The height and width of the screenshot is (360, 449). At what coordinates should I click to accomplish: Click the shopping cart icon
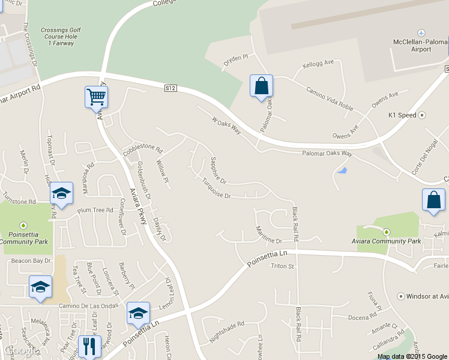click(x=96, y=97)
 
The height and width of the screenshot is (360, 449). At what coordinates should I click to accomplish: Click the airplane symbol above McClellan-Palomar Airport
click(x=421, y=32)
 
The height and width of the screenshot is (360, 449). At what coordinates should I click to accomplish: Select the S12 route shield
click(x=171, y=88)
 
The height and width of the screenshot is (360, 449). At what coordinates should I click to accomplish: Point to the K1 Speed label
click(x=402, y=115)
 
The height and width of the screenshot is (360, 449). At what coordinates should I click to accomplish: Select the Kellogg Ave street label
click(x=318, y=62)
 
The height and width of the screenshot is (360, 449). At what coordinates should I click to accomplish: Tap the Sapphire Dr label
click(x=218, y=170)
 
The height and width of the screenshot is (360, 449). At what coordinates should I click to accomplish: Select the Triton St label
click(x=283, y=266)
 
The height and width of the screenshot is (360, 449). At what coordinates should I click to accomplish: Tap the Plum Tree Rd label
click(x=95, y=210)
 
